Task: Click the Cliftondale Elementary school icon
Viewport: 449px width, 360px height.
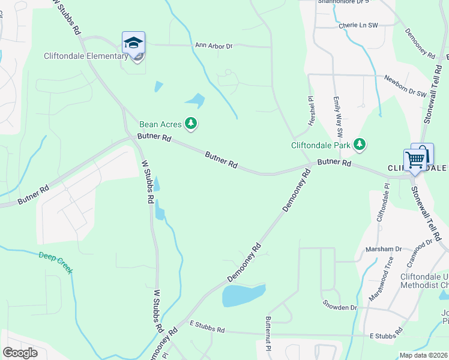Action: [133, 43]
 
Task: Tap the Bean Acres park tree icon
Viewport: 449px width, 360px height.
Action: [191, 124]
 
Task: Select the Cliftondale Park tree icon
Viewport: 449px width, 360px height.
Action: [360, 144]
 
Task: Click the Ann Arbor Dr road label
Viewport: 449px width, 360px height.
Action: [214, 46]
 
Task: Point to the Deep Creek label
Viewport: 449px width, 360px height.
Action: [56, 262]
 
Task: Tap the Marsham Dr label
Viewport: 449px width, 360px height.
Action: [386, 249]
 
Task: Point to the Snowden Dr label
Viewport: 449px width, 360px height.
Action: [339, 308]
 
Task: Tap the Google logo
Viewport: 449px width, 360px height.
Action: [20, 352]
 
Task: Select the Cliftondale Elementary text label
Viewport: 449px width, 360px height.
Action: [86, 56]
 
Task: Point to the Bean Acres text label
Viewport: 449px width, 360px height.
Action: [160, 125]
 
